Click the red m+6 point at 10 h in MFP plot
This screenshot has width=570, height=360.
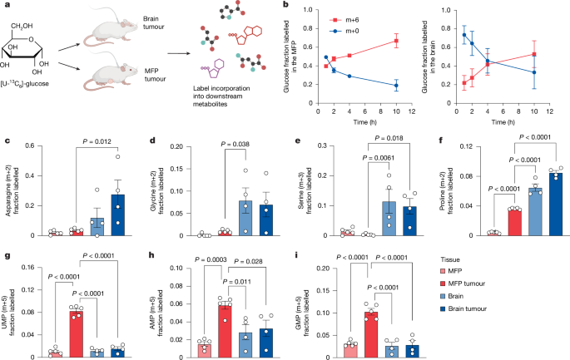[396, 41]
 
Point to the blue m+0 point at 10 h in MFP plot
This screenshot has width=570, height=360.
[396, 85]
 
